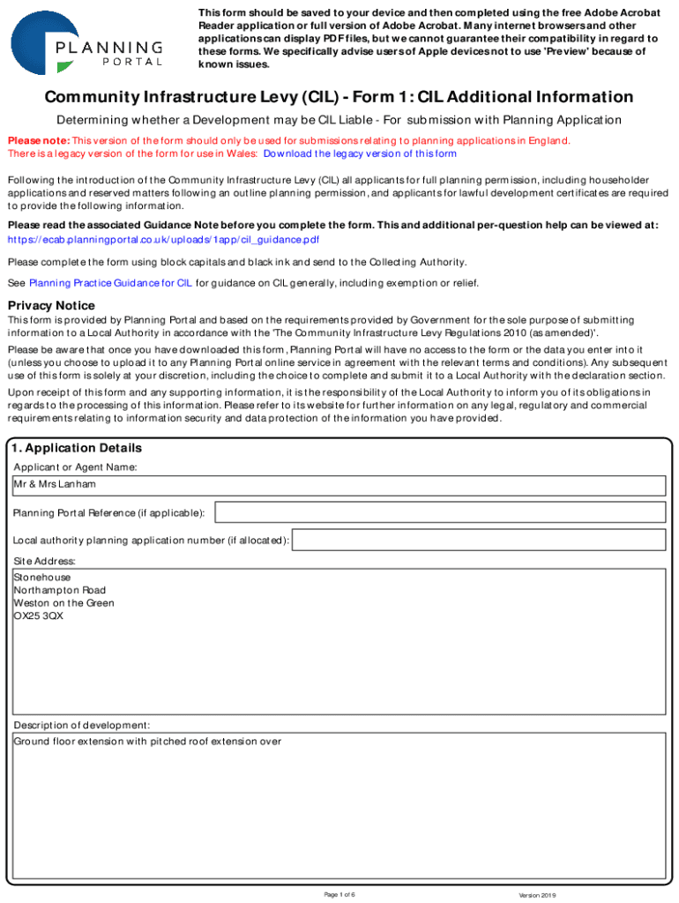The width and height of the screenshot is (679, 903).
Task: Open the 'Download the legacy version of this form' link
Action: pos(360,153)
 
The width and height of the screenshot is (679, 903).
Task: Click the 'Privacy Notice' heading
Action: pos(51,305)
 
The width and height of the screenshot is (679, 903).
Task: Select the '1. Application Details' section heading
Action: pos(78,448)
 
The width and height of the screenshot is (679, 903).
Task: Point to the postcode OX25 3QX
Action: pos(39,616)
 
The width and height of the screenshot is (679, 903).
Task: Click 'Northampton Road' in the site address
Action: pos(60,590)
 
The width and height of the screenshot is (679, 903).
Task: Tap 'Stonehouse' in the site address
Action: pos(42,578)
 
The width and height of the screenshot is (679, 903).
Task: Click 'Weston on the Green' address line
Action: pos(64,603)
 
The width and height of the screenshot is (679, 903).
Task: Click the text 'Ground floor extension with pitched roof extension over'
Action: pos(148,742)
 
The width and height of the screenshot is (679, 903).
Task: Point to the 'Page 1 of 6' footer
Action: pos(339,895)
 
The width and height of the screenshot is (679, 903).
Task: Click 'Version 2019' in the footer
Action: pos(538,895)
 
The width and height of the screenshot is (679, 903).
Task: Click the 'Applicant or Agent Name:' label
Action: pos(75,467)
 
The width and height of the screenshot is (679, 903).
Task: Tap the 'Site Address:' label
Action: pos(44,561)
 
